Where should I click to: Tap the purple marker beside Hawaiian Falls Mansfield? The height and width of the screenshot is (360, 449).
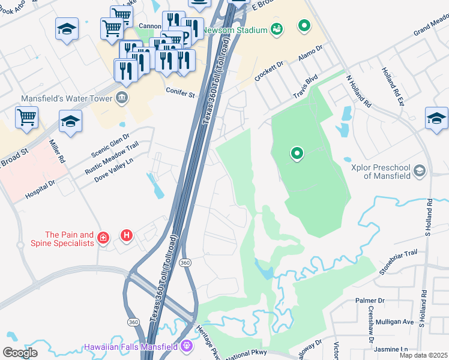pyautogui.click(x=186, y=346)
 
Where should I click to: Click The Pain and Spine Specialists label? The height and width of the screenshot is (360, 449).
pyautogui.click(x=69, y=239)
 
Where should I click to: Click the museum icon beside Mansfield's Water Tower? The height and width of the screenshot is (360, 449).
pyautogui.click(x=122, y=98)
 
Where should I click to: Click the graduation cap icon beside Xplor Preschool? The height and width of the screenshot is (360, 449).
pyautogui.click(x=420, y=172)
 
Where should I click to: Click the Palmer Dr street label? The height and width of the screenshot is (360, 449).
pyautogui.click(x=370, y=300)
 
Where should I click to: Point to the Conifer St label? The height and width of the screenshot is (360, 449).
pyautogui.click(x=180, y=95)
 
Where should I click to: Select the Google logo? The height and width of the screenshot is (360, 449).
pyautogui.click(x=20, y=352)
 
